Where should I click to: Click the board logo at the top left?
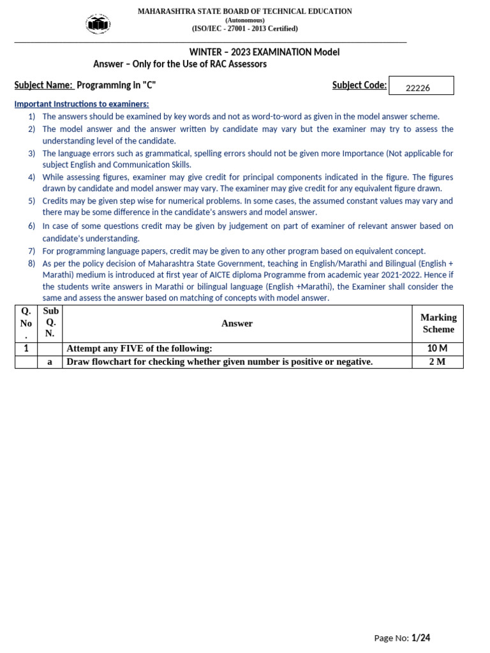98,24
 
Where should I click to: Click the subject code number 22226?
418,88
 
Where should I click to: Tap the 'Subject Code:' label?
359,85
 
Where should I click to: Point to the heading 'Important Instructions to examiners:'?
82,104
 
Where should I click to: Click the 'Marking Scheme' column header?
438,323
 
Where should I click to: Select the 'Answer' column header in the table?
237,323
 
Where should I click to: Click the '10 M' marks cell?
438,349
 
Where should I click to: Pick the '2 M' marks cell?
438,362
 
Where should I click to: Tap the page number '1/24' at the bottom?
421,638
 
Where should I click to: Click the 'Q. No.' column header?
26,323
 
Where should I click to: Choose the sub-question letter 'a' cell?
50,362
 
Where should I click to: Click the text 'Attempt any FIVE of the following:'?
139,349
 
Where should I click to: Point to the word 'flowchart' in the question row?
110,362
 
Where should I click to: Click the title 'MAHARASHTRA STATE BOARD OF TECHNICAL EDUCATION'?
245,11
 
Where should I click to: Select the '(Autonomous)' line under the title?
245,20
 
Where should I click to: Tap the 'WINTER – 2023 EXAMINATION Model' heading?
264,52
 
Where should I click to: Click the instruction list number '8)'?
31,263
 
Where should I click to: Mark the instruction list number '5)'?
31,201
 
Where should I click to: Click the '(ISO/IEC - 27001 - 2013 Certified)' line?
245,29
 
